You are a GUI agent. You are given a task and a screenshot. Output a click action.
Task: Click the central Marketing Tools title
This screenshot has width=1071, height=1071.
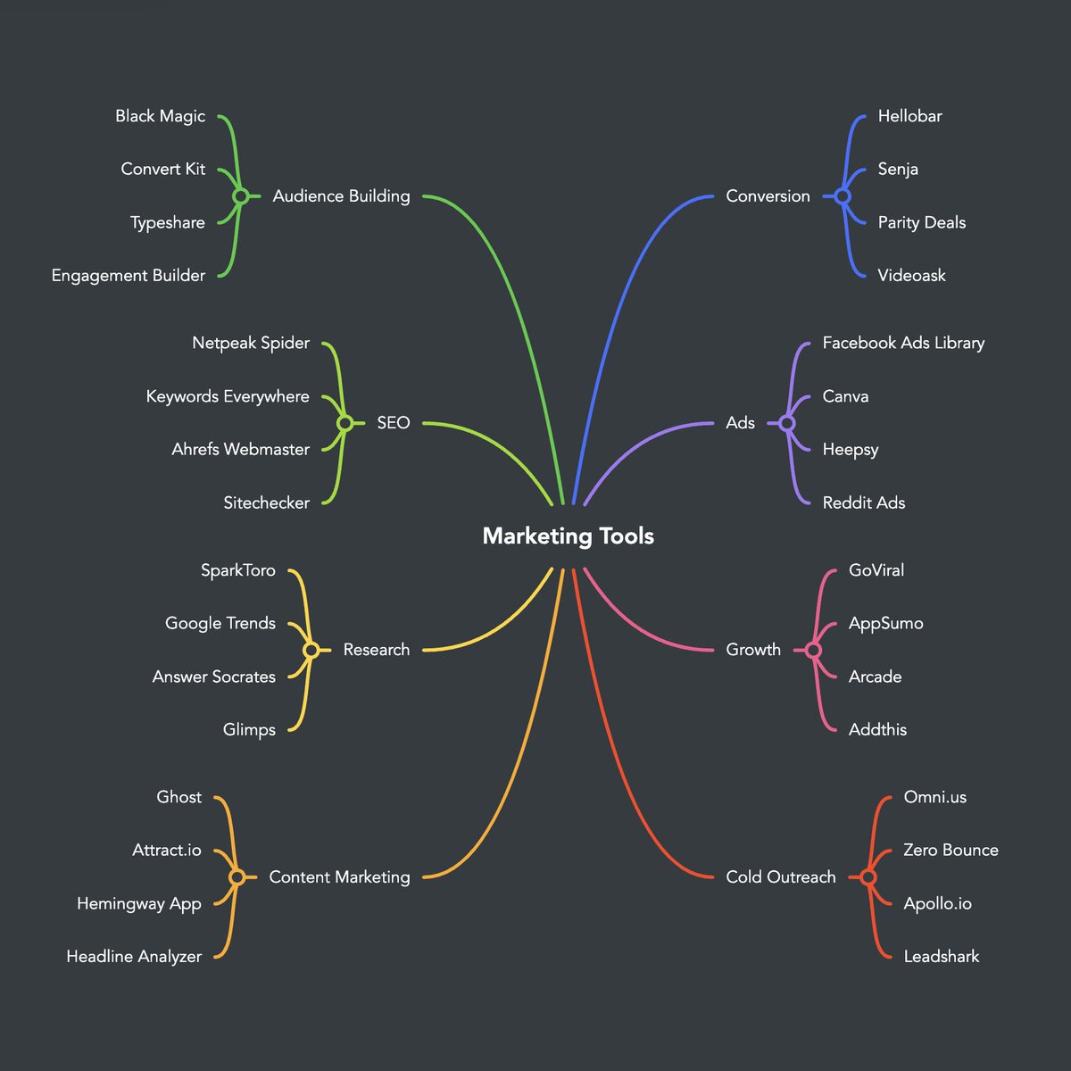pos(568,535)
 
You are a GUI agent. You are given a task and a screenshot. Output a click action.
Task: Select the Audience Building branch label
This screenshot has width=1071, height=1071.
pos(341,196)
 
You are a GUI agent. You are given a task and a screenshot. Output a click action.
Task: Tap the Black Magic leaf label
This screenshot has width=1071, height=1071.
pos(160,116)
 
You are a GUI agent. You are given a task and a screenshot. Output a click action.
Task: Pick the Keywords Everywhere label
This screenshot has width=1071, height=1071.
pos(228,396)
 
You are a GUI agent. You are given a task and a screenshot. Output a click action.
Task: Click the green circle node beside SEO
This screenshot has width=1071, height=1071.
pos(345,423)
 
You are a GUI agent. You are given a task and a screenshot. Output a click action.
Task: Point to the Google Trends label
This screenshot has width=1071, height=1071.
pos(220,623)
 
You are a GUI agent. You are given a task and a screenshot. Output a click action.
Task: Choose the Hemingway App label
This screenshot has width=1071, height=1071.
pos(138,903)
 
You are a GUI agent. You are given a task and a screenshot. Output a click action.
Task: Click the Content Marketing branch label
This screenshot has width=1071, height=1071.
pos(339,877)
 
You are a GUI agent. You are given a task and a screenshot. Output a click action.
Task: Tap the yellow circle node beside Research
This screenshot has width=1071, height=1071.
pos(311,650)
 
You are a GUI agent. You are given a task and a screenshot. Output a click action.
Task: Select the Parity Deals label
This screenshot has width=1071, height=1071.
pos(921,222)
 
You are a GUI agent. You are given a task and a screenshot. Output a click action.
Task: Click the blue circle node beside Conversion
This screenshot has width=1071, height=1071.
pos(842,196)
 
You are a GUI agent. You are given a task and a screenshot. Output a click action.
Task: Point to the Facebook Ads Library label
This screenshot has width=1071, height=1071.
pos(903,343)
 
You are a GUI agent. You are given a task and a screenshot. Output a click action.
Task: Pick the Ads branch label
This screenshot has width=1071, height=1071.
pos(740,423)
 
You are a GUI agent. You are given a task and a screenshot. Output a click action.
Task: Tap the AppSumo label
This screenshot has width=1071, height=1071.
pos(885,623)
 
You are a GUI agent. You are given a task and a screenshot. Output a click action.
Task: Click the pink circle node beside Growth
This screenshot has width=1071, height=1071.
pos(813,650)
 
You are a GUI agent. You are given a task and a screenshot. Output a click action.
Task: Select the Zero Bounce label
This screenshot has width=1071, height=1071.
pos(951,850)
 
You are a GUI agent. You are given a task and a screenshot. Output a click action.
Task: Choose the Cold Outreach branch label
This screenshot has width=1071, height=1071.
pos(781,877)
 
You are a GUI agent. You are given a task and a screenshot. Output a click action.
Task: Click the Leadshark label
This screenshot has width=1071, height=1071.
pos(941,957)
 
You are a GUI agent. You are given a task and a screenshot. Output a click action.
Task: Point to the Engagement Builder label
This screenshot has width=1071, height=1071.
pos(128,276)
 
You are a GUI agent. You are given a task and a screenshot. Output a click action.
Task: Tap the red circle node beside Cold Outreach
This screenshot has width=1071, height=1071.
pos(868,877)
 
